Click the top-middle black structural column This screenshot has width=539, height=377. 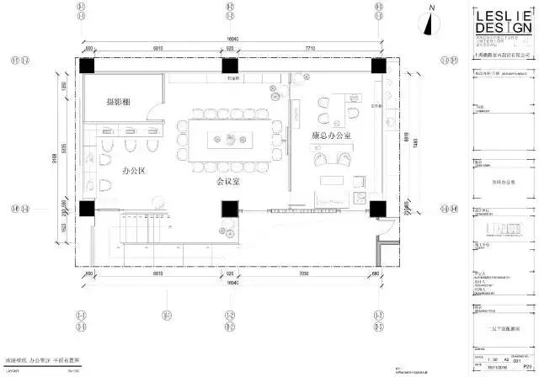click(228, 68)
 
